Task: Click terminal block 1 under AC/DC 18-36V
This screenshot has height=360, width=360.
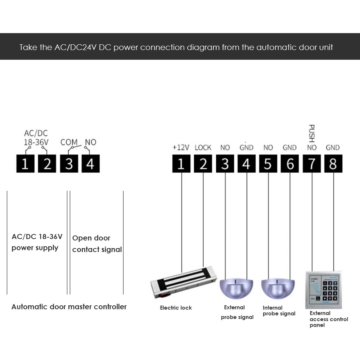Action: pyautogui.click(x=25, y=164)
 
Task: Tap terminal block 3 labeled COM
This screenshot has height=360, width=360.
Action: pyautogui.click(x=69, y=164)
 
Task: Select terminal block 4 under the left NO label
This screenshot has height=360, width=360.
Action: pyautogui.click(x=90, y=164)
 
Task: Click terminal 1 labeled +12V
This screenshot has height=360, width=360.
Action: pyautogui.click(x=181, y=164)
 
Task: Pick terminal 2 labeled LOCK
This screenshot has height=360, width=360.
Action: pyautogui.click(x=203, y=164)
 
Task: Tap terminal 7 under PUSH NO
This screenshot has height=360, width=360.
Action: pyautogui.click(x=312, y=164)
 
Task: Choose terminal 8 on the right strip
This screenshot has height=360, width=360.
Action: pyautogui.click(x=333, y=164)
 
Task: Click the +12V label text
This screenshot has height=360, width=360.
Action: pyautogui.click(x=181, y=148)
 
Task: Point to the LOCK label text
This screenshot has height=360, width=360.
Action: pyautogui.click(x=203, y=148)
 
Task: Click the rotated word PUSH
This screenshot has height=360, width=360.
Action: pyautogui.click(x=312, y=133)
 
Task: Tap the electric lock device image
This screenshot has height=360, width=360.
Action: pyautogui.click(x=184, y=283)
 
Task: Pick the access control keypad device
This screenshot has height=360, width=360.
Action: pyautogui.click(x=323, y=290)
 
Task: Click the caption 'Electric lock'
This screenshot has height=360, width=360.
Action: pyautogui.click(x=176, y=308)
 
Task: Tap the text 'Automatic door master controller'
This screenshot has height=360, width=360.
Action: pyautogui.click(x=69, y=307)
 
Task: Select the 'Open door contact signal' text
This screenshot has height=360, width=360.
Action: pyautogui.click(x=97, y=244)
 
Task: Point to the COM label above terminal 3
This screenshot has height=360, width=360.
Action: pyautogui.click(x=69, y=142)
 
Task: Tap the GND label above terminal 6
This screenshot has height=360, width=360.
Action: pyautogui.click(x=289, y=148)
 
